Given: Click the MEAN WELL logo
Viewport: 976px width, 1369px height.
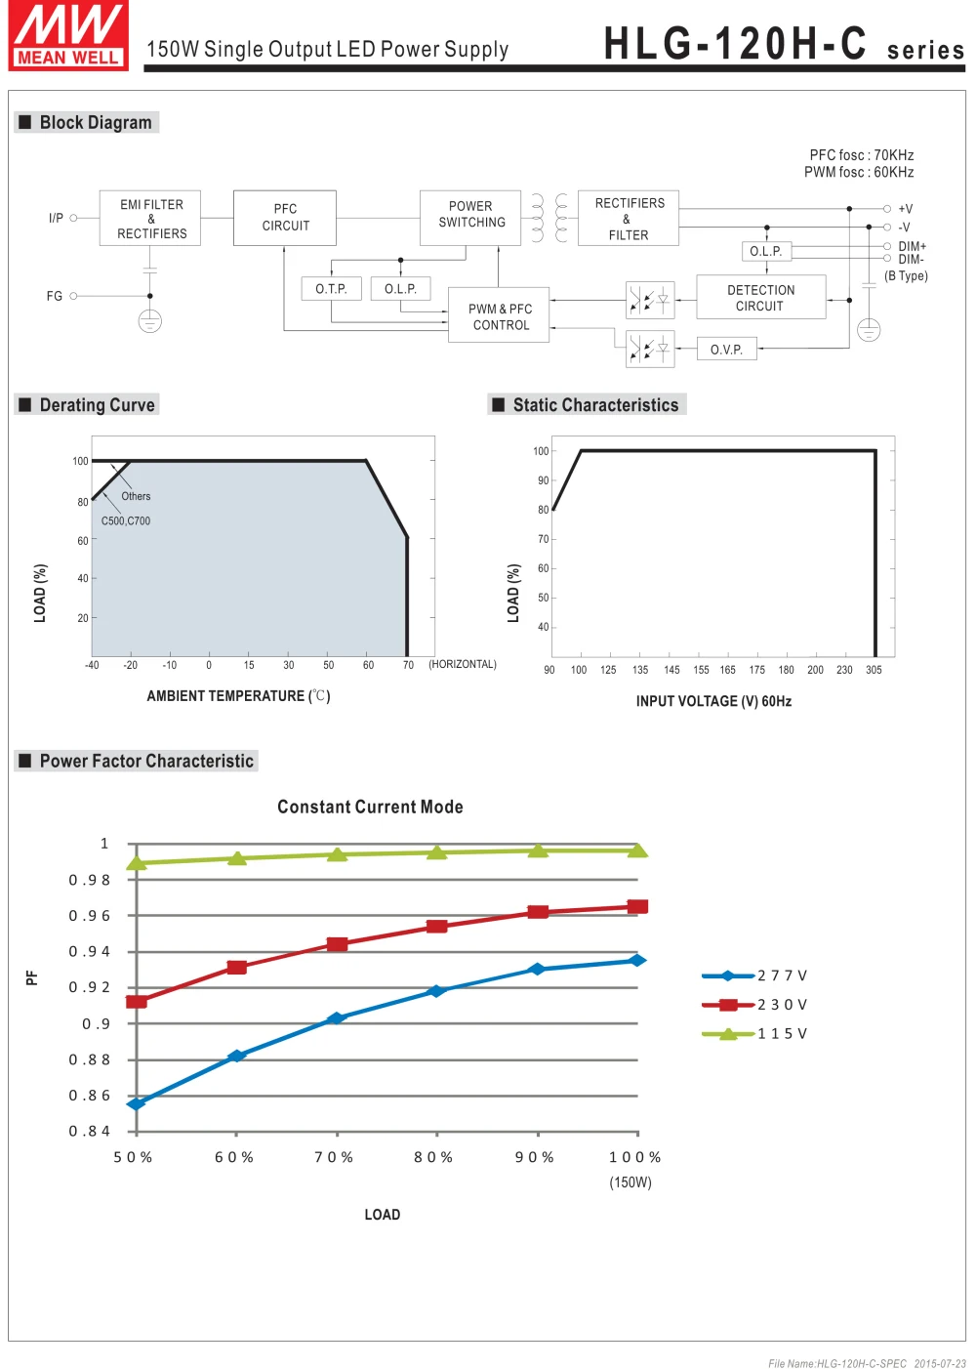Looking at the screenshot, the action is click(x=68, y=35).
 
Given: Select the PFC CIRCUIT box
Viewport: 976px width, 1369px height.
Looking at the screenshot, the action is click(x=285, y=218).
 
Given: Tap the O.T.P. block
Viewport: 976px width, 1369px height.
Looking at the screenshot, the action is click(x=331, y=288).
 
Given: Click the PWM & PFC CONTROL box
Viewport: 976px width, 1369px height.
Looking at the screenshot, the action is click(x=499, y=314).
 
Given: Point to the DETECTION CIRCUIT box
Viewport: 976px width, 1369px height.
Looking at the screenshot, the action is click(x=761, y=297).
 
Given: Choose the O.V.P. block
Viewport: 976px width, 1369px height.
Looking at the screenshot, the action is click(x=726, y=349).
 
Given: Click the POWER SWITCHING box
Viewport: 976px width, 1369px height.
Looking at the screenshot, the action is click(x=470, y=218).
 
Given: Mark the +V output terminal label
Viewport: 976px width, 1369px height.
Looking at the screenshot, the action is click(x=905, y=209).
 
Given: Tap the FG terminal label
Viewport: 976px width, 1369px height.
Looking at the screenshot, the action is click(x=55, y=296).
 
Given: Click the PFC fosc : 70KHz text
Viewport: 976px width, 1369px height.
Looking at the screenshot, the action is click(x=861, y=154).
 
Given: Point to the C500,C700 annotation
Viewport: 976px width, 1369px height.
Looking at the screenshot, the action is click(x=125, y=520).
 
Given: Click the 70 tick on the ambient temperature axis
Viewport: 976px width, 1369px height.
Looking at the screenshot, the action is click(x=408, y=665).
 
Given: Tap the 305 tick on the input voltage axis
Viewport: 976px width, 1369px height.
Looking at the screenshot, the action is click(x=874, y=670).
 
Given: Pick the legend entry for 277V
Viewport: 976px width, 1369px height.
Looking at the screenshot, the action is click(x=754, y=975).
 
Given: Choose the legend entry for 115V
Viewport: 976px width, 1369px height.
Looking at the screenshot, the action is click(x=754, y=1033).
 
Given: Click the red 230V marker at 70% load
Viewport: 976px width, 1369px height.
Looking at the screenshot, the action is click(x=337, y=944).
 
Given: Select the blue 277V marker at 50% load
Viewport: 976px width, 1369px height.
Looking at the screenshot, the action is click(x=137, y=1103).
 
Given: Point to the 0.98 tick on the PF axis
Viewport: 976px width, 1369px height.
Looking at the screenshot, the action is click(x=89, y=880).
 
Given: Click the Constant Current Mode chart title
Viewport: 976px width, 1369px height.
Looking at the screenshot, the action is click(x=370, y=807).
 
